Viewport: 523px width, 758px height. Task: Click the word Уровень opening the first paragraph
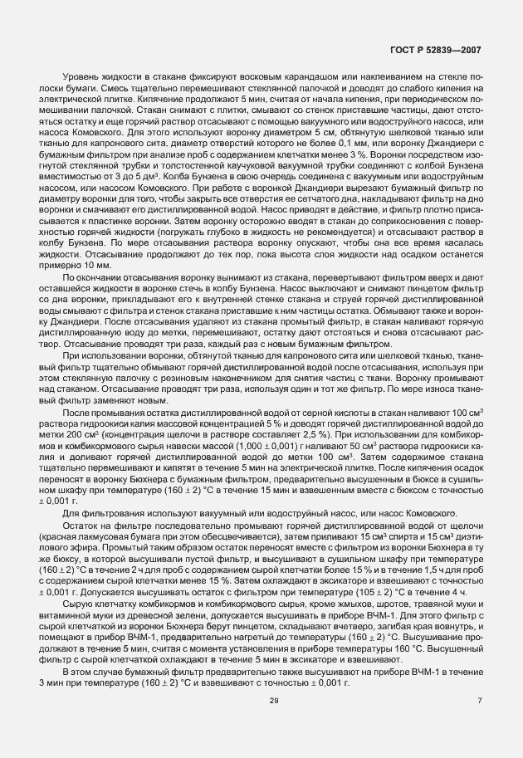[x=83, y=78]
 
